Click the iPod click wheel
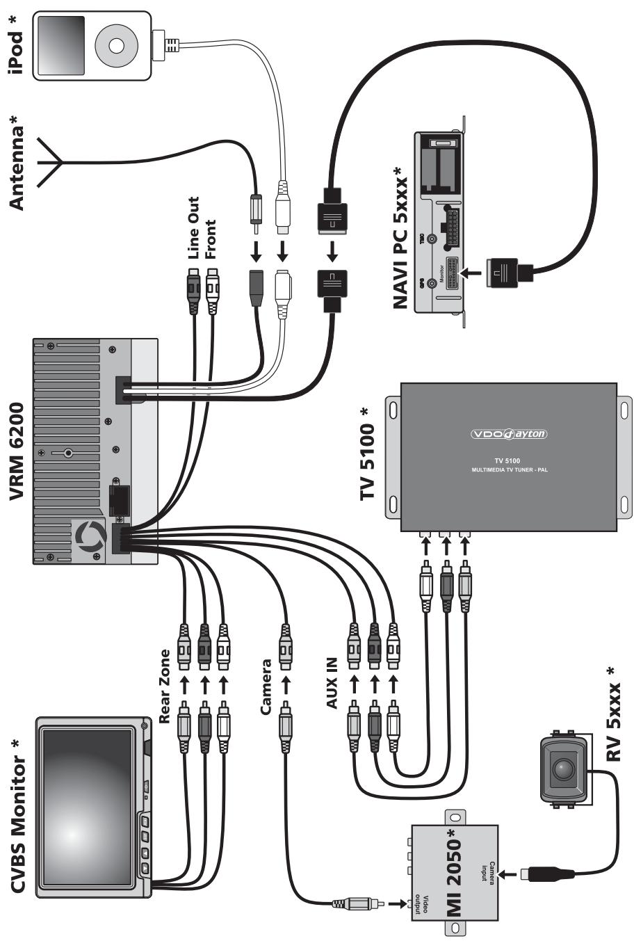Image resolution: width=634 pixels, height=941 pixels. [116, 46]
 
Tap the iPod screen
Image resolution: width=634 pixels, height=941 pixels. [63, 46]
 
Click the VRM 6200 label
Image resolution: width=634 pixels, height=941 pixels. [19, 451]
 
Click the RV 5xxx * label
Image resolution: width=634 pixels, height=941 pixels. [612, 714]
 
